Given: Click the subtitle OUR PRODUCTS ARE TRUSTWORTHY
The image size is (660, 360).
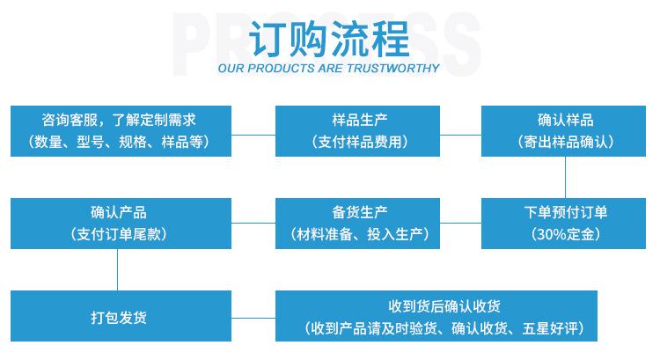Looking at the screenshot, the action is pos(329,68).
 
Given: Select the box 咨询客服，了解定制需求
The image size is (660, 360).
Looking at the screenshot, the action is pos(121,131).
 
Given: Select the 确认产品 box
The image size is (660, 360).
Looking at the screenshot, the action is pos(121,223).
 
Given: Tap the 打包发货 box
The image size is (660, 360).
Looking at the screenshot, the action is pos(121,315).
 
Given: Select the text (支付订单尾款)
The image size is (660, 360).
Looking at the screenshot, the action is pos(120,234).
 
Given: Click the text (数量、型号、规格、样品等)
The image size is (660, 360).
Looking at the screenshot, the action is pos(120,142).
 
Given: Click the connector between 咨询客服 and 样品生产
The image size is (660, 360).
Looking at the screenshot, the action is pos(253,135).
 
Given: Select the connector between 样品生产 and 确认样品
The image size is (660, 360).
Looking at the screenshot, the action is pos(460,135).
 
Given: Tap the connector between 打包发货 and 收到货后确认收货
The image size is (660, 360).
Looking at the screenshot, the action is pos(253,315).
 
